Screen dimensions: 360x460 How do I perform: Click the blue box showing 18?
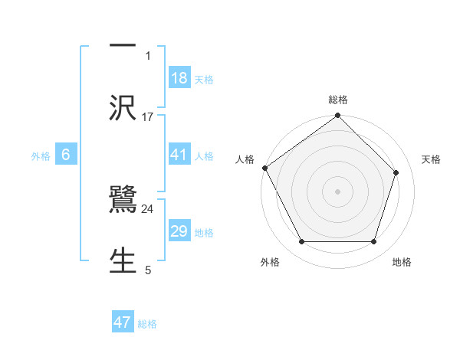(x=179, y=77)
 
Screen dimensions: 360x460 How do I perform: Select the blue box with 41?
(x=179, y=155)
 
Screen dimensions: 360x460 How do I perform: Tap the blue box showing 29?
(x=179, y=231)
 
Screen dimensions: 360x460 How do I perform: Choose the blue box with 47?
(x=123, y=322)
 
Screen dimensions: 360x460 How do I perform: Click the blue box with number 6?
(x=66, y=155)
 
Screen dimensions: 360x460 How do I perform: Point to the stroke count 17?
(x=148, y=117)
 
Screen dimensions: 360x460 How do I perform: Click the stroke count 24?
(x=148, y=208)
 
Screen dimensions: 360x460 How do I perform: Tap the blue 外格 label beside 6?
(x=41, y=155)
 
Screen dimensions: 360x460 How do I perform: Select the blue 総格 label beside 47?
(x=147, y=324)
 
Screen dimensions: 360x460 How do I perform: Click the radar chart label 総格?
(x=338, y=100)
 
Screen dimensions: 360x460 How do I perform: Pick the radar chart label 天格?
(x=431, y=159)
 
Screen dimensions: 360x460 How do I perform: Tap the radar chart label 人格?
(x=245, y=159)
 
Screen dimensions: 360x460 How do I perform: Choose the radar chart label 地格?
(x=402, y=262)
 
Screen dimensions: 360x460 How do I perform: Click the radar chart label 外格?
(x=270, y=262)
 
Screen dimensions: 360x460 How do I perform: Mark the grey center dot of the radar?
(x=338, y=191)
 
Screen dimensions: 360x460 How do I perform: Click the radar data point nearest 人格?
(x=264, y=168)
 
